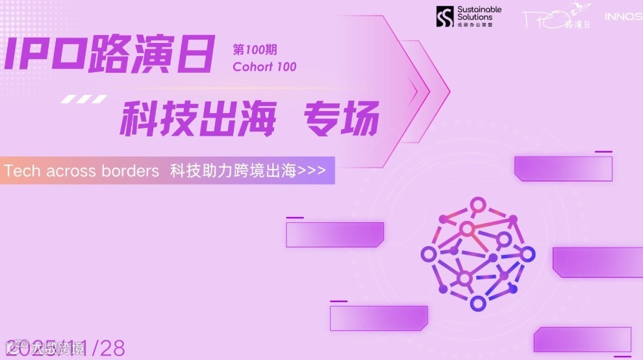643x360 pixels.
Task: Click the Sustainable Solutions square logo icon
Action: tap(444, 17)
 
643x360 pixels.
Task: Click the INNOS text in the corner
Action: tap(623, 17)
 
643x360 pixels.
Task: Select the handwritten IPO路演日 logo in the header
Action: tap(558, 18)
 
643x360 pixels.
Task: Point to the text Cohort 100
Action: tap(264, 66)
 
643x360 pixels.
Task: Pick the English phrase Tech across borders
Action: tap(81, 171)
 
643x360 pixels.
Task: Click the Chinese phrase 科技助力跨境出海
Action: tap(233, 171)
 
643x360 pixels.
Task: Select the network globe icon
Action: tap(478, 253)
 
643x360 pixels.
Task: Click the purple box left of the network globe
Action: tap(334, 235)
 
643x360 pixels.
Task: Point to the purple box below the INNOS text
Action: tap(563, 168)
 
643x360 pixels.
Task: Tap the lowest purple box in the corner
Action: tap(582, 339)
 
